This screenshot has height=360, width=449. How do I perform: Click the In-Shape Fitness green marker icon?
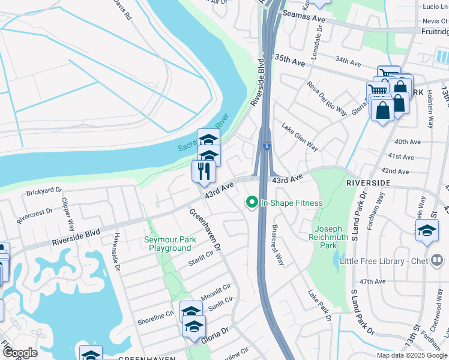[x=253, y=203]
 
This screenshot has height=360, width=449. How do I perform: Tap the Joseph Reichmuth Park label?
[x=328, y=237]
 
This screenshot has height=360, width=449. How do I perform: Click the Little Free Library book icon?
[x=437, y=260]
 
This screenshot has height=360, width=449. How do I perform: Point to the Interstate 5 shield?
[x=265, y=146]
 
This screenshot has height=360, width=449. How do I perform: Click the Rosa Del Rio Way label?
[x=327, y=98]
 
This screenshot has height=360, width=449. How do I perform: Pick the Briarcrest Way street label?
[x=277, y=245]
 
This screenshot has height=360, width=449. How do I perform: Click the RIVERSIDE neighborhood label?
[x=369, y=182]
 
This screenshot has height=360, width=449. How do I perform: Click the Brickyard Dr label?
[x=44, y=193]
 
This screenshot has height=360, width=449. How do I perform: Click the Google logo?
[x=20, y=353]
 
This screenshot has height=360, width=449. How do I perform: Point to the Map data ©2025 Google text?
[x=411, y=355]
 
